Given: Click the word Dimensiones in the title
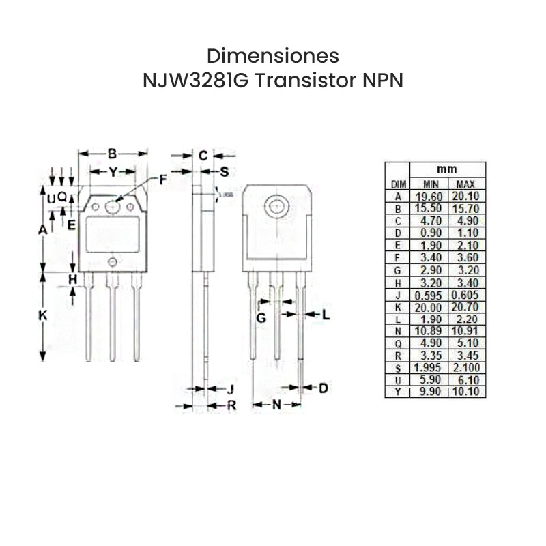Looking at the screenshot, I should click(272, 55).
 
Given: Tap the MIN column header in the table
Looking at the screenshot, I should click(431, 184).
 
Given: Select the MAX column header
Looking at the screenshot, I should click(465, 184).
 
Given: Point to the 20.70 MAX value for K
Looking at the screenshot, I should click(467, 308).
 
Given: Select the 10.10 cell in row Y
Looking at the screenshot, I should click(467, 392).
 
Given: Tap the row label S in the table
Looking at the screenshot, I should click(397, 368).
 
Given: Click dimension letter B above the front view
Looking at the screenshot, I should click(113, 154).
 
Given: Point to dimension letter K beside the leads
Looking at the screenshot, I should click(42, 315).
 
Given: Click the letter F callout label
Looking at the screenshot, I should click(163, 180).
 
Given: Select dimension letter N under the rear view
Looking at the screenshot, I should click(277, 405).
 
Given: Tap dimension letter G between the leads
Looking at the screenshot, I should click(261, 318).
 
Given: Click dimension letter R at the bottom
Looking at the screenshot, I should click(231, 405).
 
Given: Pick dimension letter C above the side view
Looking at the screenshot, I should click(203, 156).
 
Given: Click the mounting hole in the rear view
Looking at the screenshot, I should click(277, 205).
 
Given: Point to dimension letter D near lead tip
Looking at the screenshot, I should click(324, 388).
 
